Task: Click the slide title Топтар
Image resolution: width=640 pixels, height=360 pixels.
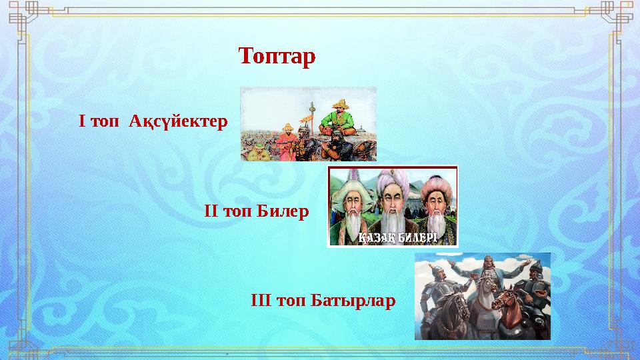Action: coord(277,57)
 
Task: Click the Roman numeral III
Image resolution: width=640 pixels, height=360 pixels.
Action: coord(260,300)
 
